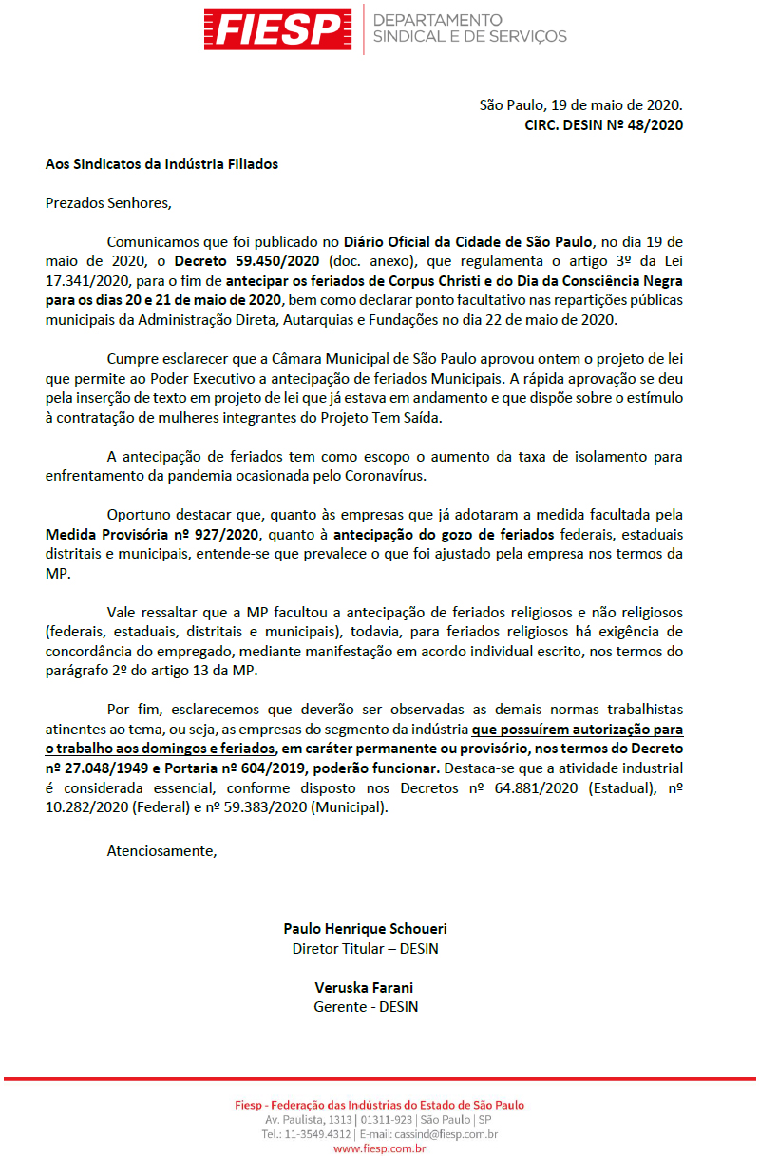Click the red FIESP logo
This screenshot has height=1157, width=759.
(278, 28)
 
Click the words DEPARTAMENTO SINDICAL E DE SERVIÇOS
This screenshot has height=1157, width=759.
(469, 28)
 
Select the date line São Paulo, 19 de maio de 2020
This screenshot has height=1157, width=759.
(580, 104)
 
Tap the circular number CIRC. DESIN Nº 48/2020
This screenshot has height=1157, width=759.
(603, 123)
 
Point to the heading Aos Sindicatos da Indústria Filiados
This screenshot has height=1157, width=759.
(161, 163)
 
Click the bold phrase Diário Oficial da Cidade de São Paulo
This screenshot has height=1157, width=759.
(468, 241)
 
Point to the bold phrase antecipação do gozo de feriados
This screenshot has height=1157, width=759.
(439, 534)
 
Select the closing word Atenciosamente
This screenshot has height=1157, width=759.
(161, 850)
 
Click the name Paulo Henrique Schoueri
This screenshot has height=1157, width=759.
(365, 929)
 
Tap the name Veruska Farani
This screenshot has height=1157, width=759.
(365, 988)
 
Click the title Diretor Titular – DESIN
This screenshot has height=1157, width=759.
(365, 948)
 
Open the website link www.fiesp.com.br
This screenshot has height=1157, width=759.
(379, 1148)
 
